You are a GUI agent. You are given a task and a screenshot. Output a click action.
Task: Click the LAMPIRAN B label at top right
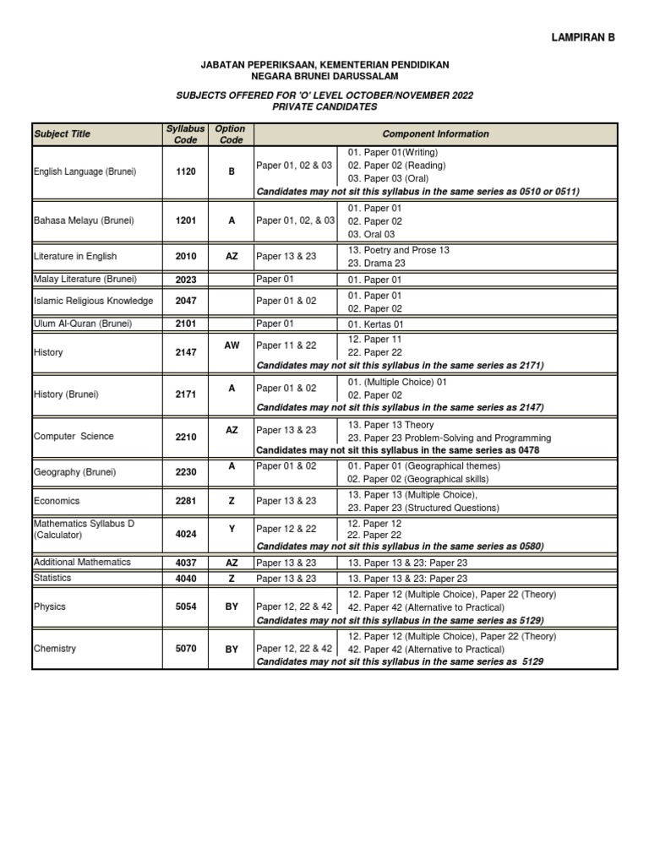(x=584, y=37)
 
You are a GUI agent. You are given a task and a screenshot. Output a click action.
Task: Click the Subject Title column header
(x=62, y=134)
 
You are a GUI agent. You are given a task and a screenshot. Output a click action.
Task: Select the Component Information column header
(x=435, y=134)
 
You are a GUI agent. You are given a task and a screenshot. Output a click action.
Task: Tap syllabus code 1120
(x=186, y=171)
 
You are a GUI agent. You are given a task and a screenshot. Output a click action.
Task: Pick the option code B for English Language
(x=231, y=171)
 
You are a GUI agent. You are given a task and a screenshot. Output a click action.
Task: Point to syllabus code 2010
(x=186, y=256)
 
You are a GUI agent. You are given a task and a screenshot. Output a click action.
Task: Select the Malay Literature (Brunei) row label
(x=85, y=279)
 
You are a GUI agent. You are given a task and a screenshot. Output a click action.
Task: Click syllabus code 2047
(x=186, y=301)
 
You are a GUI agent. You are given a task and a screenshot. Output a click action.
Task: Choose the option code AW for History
(x=232, y=345)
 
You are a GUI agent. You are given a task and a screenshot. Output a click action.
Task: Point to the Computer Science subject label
(x=74, y=437)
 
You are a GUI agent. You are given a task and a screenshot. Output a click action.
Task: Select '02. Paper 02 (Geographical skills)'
(x=417, y=479)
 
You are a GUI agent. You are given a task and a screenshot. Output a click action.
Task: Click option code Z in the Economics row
(x=232, y=501)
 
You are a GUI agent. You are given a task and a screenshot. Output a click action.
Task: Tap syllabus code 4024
(x=186, y=530)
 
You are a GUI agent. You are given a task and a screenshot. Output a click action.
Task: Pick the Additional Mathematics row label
(x=83, y=562)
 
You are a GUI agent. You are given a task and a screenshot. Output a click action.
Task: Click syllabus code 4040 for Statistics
(x=186, y=579)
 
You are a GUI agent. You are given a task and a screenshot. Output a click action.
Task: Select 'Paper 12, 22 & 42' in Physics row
(x=294, y=607)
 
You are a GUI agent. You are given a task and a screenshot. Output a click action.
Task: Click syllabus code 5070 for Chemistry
(x=186, y=649)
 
